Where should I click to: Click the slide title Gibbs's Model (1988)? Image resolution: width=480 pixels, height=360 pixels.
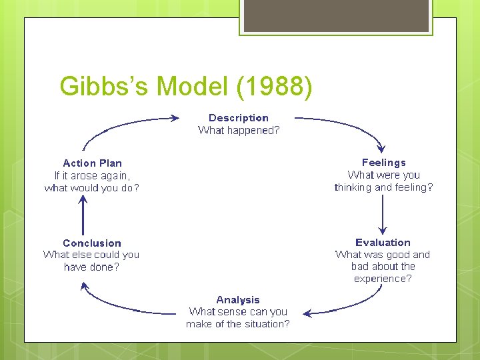[x=185, y=87]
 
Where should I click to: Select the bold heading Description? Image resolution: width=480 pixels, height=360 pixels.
[x=239, y=118]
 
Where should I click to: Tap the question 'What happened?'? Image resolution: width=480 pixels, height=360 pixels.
[x=239, y=131]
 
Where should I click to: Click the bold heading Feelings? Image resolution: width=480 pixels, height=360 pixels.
[x=383, y=163]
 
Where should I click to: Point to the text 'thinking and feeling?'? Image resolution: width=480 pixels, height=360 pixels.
[x=383, y=187]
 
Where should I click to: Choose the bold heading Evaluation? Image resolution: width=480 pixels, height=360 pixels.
[x=383, y=243]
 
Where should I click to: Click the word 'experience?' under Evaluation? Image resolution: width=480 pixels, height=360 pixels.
[x=383, y=279]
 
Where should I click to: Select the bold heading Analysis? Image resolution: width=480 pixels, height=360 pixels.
[x=238, y=300]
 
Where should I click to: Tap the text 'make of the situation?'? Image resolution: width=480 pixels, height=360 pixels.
[x=238, y=324]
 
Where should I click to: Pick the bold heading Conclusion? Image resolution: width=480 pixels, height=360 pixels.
[x=92, y=243]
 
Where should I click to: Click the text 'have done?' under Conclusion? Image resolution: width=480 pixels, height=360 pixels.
[x=92, y=267]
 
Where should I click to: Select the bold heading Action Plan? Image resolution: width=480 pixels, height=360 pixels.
[x=92, y=163]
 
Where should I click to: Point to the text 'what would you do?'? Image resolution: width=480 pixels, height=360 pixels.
[x=92, y=188]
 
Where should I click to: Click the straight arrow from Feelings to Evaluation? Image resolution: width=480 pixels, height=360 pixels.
[x=383, y=215]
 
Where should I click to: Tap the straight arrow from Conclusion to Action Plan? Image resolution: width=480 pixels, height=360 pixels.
[x=82, y=215]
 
